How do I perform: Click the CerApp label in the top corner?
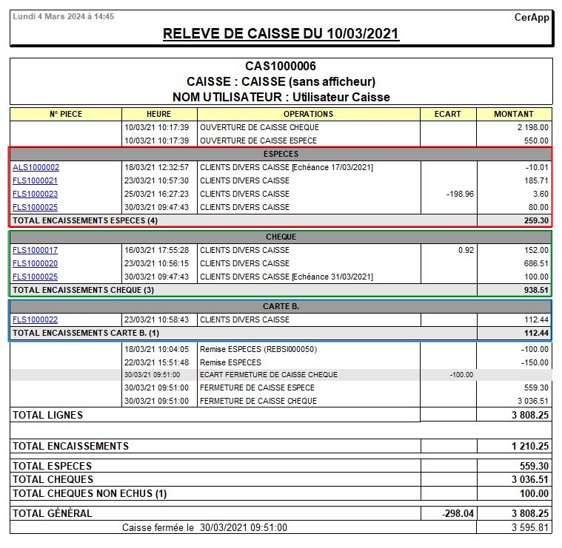click(532, 17)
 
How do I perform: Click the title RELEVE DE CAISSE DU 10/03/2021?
click(281, 34)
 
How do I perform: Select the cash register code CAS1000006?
click(281, 67)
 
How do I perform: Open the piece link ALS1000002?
click(36, 167)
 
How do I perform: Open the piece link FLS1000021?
click(35, 180)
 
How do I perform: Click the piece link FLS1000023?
click(35, 194)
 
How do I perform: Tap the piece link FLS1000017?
click(35, 250)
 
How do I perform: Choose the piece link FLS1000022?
click(35, 319)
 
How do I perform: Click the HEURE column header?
click(158, 114)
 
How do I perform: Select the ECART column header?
click(447, 114)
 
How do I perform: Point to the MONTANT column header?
click(514, 114)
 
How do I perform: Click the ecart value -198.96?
click(460, 194)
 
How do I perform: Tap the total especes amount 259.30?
click(535, 220)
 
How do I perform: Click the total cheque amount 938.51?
click(535, 290)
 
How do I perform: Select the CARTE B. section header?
click(281, 306)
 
